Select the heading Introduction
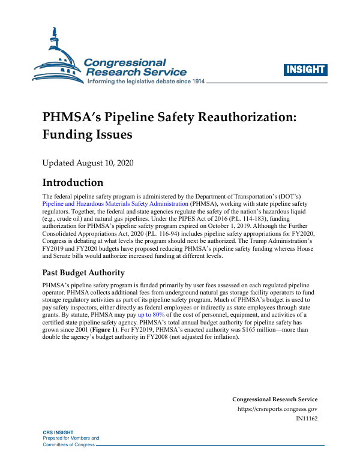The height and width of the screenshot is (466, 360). point(73,182)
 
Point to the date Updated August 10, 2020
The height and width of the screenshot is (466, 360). point(87,163)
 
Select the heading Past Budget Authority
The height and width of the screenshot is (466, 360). point(83,273)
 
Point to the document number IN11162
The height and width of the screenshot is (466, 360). point(307,418)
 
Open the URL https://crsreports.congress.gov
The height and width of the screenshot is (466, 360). point(278,409)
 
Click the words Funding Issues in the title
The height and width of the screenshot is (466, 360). point(86,135)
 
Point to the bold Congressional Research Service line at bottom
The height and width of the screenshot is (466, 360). point(274,399)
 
